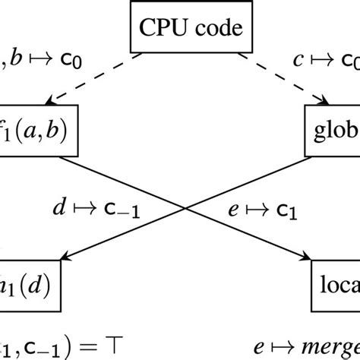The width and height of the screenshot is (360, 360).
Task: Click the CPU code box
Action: click(180, 31)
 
